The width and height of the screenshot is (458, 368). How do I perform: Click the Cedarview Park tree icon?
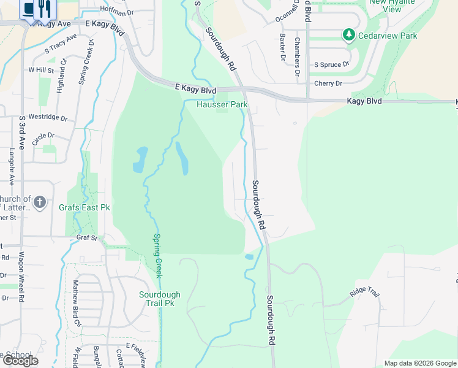pyautogui.click(x=349, y=35)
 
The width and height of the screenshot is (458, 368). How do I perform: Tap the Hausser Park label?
pyautogui.click(x=222, y=104)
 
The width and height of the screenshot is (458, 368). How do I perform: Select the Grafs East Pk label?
pyautogui.click(x=84, y=207)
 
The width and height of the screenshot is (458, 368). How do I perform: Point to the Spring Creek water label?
pyautogui.click(x=157, y=256)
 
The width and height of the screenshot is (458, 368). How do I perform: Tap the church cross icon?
pyautogui.click(x=40, y=202)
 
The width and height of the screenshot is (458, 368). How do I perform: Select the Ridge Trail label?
pyautogui.click(x=365, y=292)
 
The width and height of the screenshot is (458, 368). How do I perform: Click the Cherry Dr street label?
pyautogui.click(x=328, y=83)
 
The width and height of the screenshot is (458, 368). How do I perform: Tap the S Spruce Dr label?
pyautogui.click(x=331, y=64)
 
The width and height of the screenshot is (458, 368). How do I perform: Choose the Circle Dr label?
pyautogui.click(x=43, y=139)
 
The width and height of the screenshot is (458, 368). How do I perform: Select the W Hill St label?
pyautogui.click(x=41, y=71)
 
